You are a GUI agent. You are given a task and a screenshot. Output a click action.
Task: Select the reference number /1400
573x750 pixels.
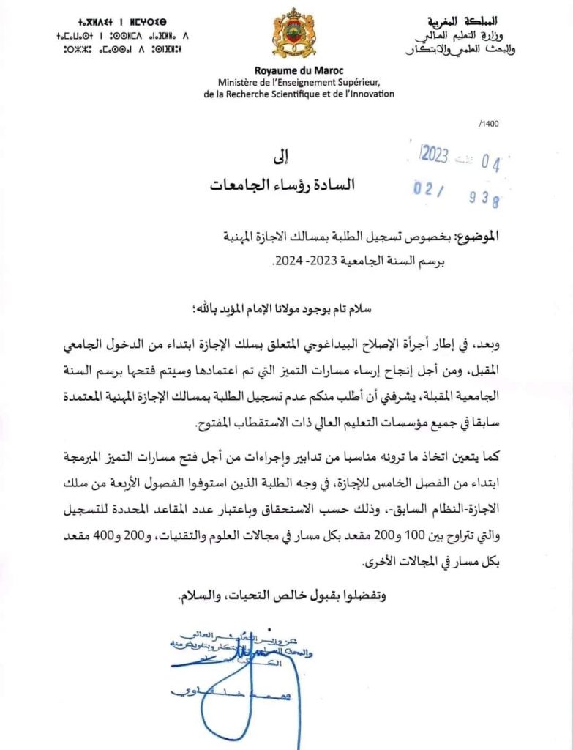488,125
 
